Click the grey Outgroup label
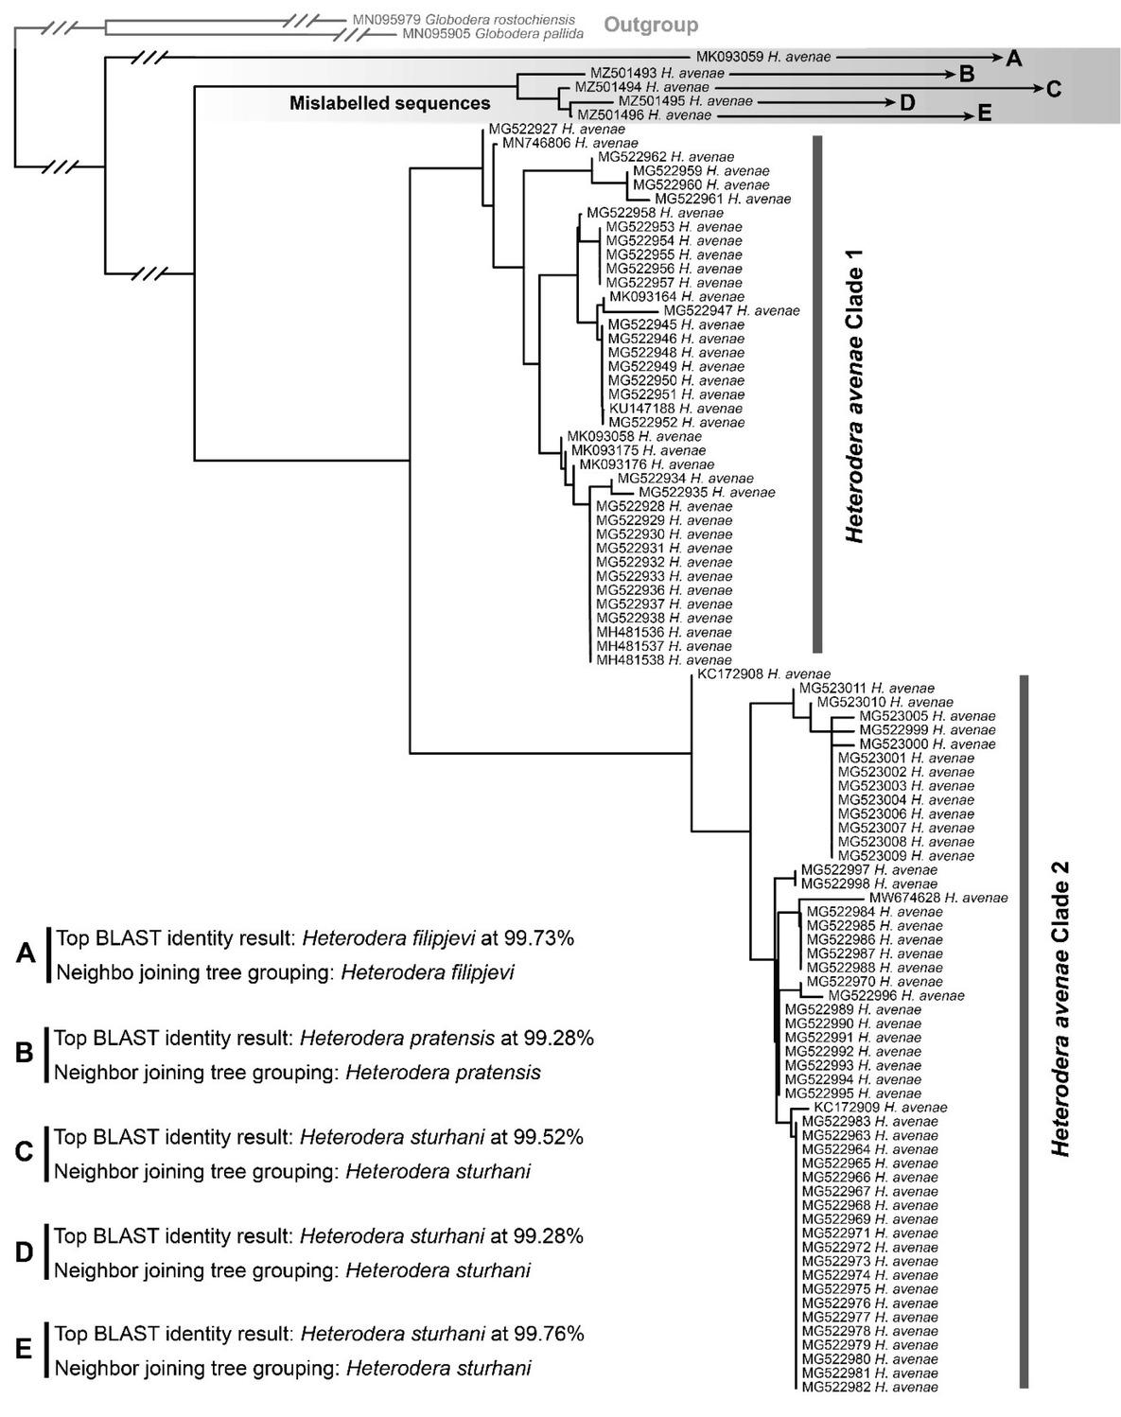pyautogui.click(x=651, y=26)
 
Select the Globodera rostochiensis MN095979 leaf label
pyautogui.click(x=463, y=19)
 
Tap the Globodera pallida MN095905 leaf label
pyautogui.click(x=491, y=33)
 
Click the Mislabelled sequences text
pyautogui.click(x=390, y=103)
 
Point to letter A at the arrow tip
pyautogui.click(x=1013, y=59)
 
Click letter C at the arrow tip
pyautogui.click(x=1053, y=89)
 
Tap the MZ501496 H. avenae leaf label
pyautogui.click(x=643, y=114)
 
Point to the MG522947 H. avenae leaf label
pyautogui.click(x=731, y=310)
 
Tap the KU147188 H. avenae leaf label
pyautogui.click(x=676, y=408)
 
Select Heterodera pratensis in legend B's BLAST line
pyautogui.click(x=397, y=1038)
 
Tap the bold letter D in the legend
pyautogui.click(x=25, y=1252)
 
